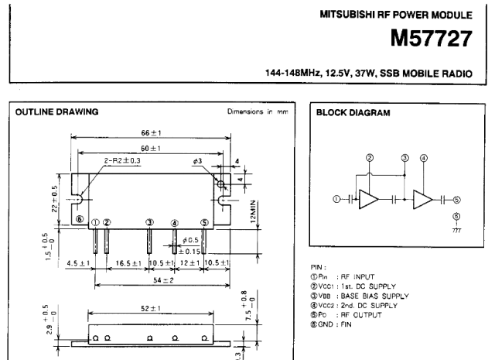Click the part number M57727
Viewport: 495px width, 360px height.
[x=432, y=38]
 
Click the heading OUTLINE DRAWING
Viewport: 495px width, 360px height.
[x=56, y=112]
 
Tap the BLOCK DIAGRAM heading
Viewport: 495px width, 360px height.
[x=353, y=113]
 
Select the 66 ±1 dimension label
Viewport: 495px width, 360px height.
[x=151, y=132]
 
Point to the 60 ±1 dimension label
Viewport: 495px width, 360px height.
[x=151, y=148]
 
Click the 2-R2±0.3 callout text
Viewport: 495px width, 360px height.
[x=122, y=160]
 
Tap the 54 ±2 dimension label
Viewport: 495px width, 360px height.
[x=163, y=280]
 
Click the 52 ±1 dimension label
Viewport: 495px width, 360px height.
[x=151, y=308]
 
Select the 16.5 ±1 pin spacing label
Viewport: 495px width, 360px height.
[x=128, y=263]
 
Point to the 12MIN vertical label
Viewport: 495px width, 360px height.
[x=253, y=211]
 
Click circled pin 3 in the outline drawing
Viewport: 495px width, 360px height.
[x=149, y=222]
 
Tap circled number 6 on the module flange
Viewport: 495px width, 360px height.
[x=80, y=219]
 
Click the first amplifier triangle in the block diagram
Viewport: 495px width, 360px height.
[x=369, y=200]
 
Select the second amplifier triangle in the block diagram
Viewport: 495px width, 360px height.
[x=423, y=200]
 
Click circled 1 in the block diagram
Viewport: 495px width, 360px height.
[x=336, y=199]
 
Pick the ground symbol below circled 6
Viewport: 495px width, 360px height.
[x=456, y=229]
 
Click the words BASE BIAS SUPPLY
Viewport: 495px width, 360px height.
[x=374, y=297]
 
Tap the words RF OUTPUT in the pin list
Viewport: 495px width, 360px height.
[x=361, y=315]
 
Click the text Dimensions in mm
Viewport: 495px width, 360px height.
[x=258, y=111]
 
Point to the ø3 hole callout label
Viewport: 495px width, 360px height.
[x=198, y=161]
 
